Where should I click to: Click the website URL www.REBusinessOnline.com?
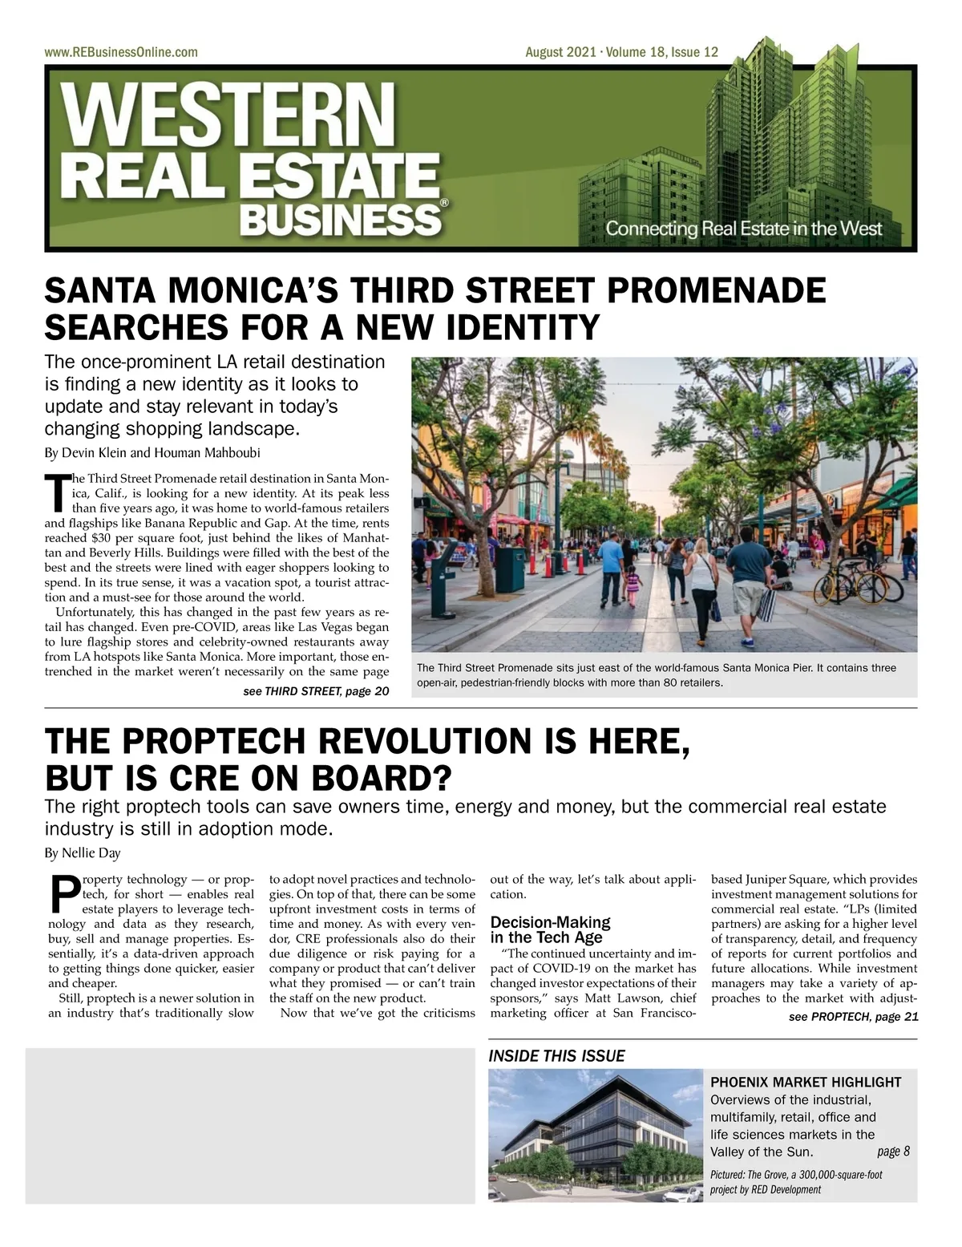121,52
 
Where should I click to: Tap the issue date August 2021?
560,52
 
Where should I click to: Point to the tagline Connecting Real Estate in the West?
743,229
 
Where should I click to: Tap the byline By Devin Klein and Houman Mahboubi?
152,452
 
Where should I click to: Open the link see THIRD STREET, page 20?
316,691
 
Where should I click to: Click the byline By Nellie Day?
83,852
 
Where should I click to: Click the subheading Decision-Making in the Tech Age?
550,929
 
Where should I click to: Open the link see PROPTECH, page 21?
853,1017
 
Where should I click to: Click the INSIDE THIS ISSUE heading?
556,1056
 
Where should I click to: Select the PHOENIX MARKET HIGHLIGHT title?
806,1082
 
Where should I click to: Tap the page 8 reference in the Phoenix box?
893,1152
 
